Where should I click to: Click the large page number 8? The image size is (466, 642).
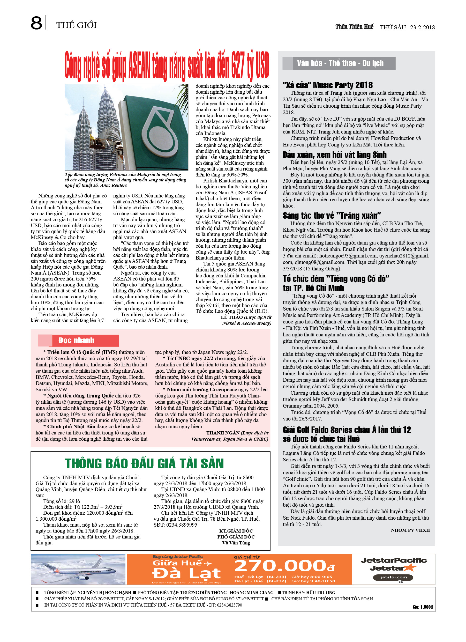36,23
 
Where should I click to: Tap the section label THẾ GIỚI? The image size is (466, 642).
76,25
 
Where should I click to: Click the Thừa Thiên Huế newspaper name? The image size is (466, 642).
354,27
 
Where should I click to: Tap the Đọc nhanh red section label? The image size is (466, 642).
76,340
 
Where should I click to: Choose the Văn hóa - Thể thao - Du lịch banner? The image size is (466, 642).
340,63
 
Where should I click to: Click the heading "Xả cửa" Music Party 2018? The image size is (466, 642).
327,85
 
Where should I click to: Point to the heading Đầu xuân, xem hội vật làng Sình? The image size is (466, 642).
334,154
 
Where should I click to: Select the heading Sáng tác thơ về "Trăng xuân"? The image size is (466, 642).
332,215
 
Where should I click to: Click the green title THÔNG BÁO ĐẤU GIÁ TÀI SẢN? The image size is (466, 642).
144,463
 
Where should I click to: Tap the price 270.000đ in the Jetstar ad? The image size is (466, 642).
285,566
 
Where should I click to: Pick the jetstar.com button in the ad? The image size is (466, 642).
393,577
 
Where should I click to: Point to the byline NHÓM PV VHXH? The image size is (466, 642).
410,530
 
